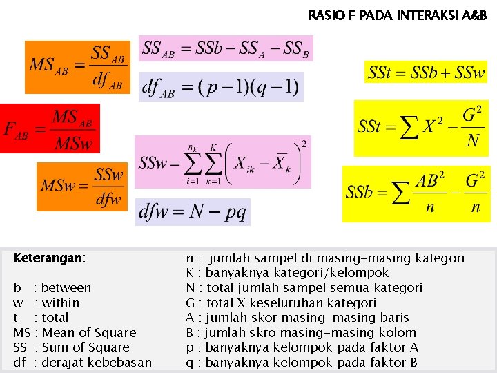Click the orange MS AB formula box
tap(76, 67)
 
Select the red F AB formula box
tap(50, 128)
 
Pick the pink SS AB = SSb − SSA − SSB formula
tap(226, 48)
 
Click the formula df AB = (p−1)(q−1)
tap(220, 87)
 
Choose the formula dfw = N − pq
tap(193, 212)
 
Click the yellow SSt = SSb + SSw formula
tap(426, 72)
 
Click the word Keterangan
tap(50, 258)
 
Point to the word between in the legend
tap(66, 288)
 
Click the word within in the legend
tap(61, 303)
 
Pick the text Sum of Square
tap(86, 347)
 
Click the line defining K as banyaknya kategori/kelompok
tap(288, 273)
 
